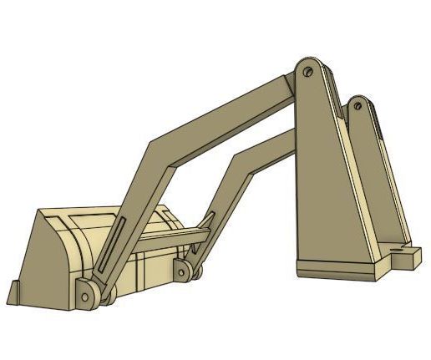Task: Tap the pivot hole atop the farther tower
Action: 357,107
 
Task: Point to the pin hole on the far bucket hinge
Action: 181,269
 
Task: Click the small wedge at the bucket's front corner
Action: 16,293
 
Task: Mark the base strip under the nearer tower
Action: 338,269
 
